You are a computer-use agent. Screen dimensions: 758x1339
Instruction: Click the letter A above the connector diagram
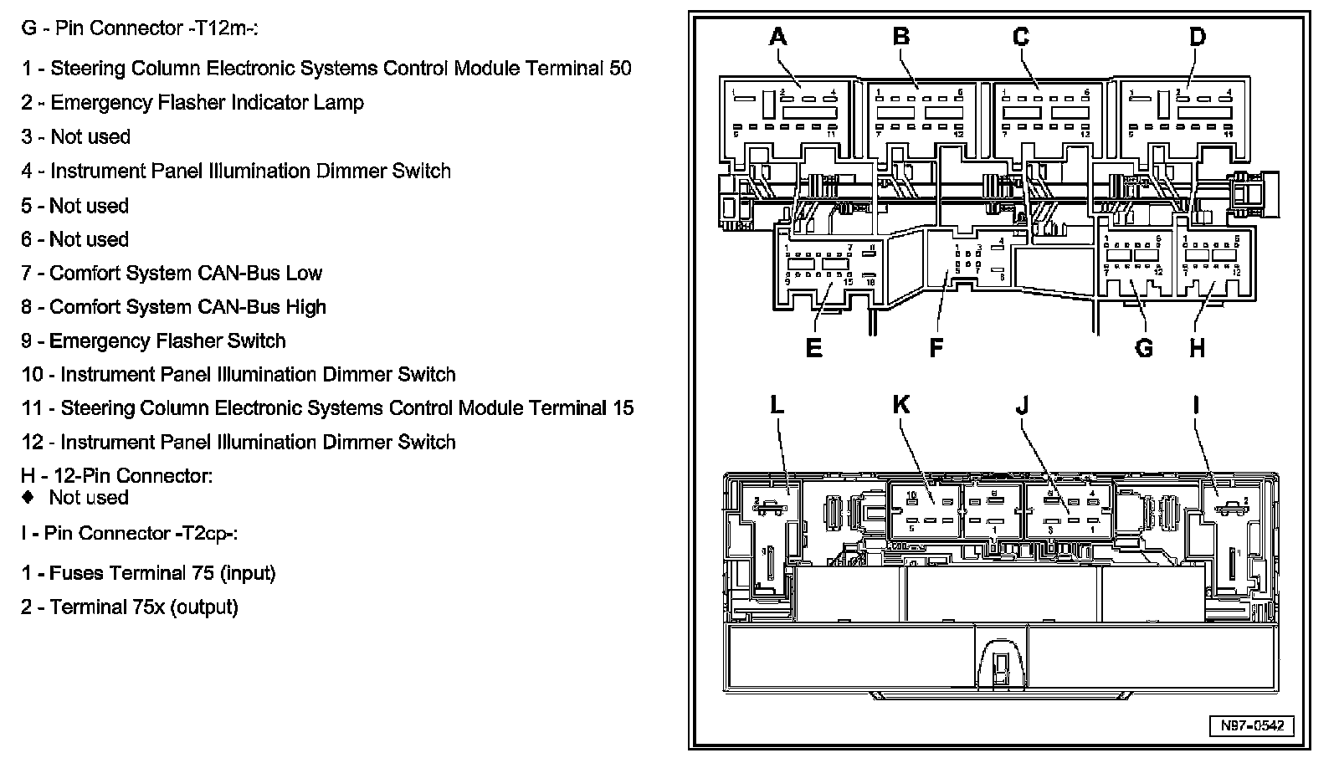click(x=778, y=37)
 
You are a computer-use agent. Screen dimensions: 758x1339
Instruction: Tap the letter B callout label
click(x=900, y=37)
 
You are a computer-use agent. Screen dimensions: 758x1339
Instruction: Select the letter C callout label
click(x=1021, y=37)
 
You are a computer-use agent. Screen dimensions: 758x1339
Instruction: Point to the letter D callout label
click(x=1198, y=37)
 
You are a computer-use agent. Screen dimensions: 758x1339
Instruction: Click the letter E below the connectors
click(x=813, y=347)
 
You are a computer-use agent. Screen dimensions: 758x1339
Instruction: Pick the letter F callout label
click(x=936, y=347)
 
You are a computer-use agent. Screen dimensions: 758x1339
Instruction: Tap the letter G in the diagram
click(x=1143, y=347)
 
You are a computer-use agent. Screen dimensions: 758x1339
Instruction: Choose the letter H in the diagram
click(x=1198, y=347)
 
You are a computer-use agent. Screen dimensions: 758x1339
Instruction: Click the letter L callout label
click(x=777, y=405)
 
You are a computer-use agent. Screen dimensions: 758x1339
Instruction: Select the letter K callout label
click(x=900, y=405)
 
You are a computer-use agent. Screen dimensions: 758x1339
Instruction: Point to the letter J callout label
click(x=1022, y=405)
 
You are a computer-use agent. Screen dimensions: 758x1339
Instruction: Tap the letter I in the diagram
click(x=1196, y=405)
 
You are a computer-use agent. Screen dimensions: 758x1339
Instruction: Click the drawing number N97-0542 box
click(x=1251, y=725)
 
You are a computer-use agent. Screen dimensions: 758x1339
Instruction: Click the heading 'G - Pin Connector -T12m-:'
click(x=139, y=28)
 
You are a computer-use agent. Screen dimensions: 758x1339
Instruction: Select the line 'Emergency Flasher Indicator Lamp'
click(x=192, y=103)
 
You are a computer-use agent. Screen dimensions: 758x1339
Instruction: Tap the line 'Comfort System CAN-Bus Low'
click(x=172, y=273)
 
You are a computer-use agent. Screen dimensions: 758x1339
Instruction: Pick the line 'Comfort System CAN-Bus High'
click(x=173, y=307)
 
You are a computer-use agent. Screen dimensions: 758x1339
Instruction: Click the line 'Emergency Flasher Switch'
click(x=153, y=341)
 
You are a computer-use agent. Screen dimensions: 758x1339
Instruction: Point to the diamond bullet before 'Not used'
click(x=28, y=497)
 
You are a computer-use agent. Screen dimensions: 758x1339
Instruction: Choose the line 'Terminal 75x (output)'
click(x=130, y=607)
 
